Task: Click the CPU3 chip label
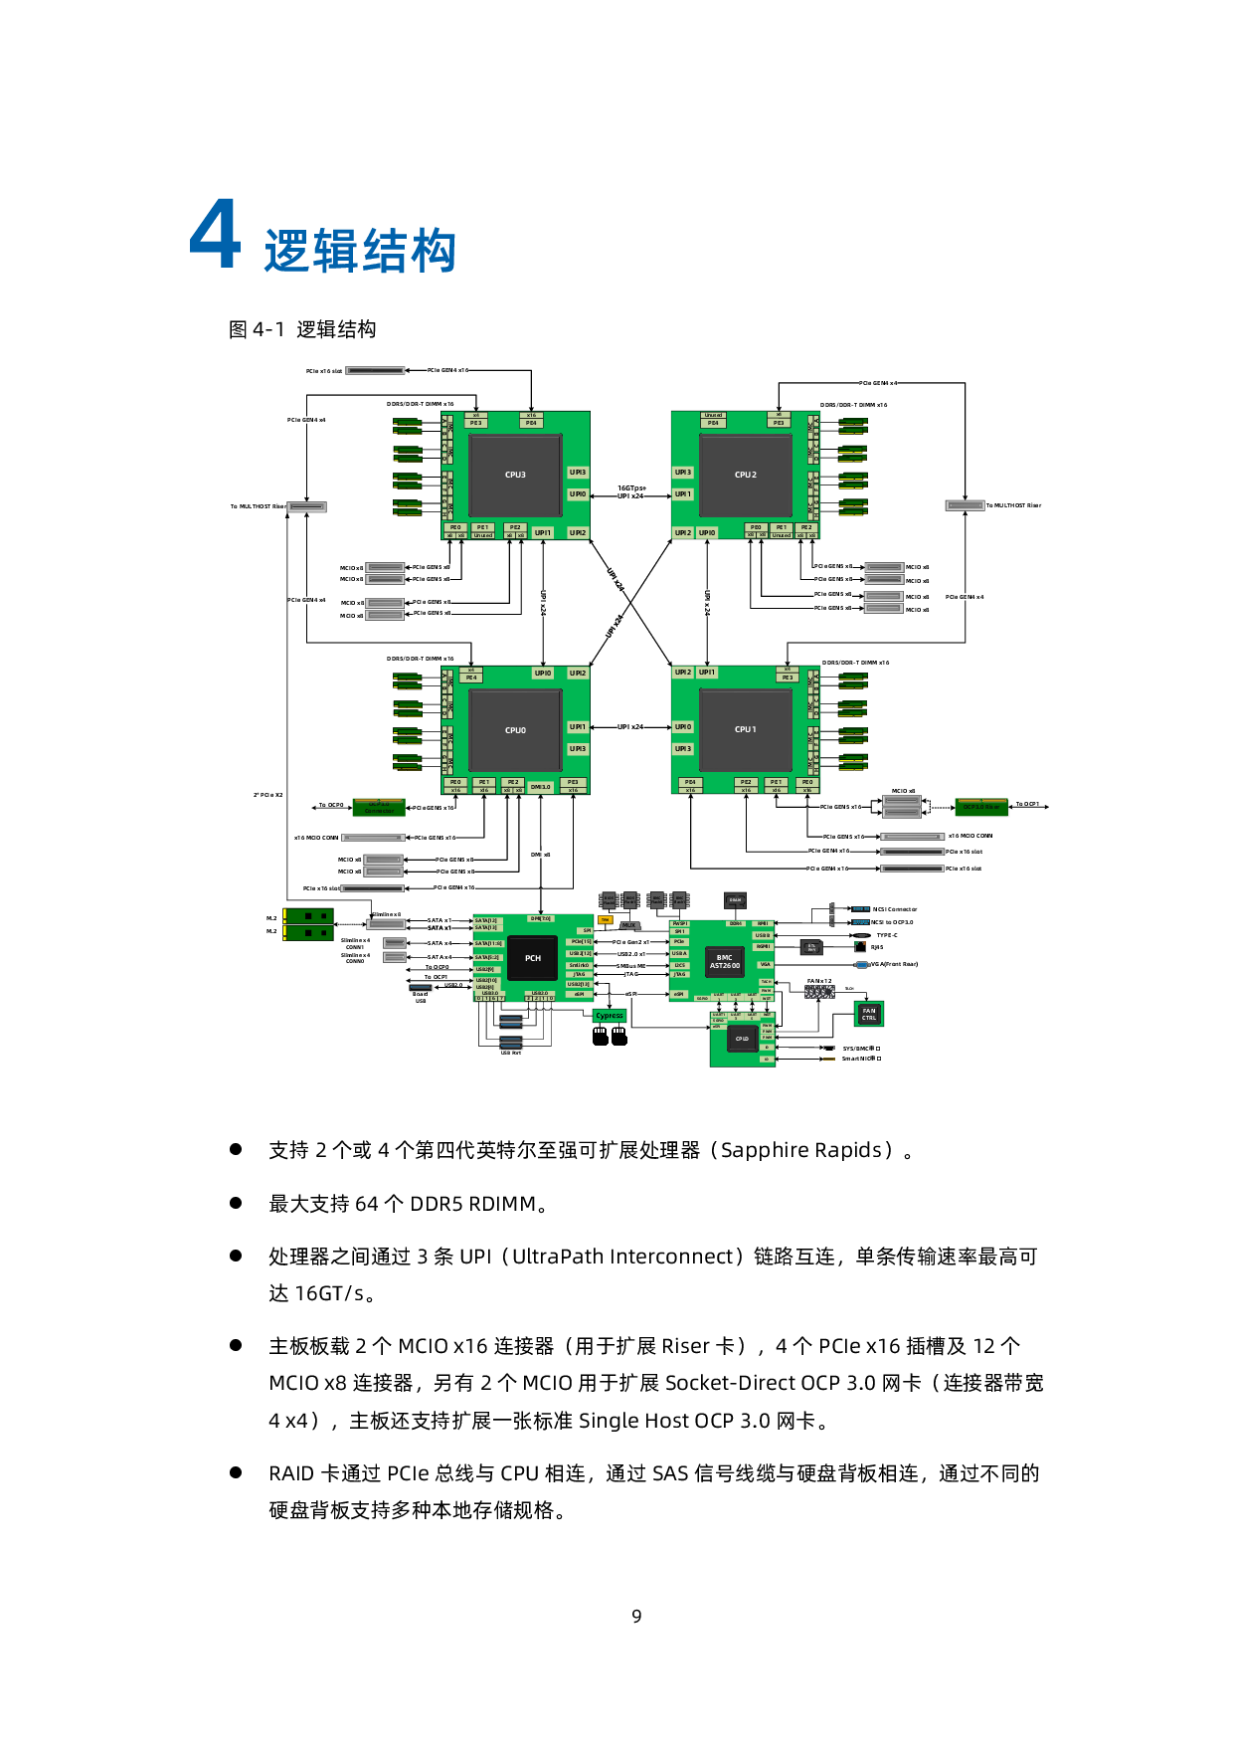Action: pyautogui.click(x=515, y=475)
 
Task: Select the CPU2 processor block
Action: pyautogui.click(x=746, y=475)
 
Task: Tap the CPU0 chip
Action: pyautogui.click(x=515, y=730)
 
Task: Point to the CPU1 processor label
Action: pyautogui.click(x=746, y=729)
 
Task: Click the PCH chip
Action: pyautogui.click(x=533, y=958)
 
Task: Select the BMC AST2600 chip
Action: pyautogui.click(x=724, y=961)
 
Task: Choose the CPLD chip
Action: pyautogui.click(x=742, y=1039)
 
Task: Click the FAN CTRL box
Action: pyautogui.click(x=869, y=1014)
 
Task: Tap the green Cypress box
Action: pyautogui.click(x=610, y=1016)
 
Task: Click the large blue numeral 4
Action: pyautogui.click(x=216, y=235)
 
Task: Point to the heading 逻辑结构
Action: pyautogui.click(x=360, y=251)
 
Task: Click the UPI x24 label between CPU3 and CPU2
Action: pyautogui.click(x=630, y=495)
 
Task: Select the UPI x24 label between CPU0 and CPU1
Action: pyautogui.click(x=630, y=727)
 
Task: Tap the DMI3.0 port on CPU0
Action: pyautogui.click(x=540, y=787)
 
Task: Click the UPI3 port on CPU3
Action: pyautogui.click(x=578, y=473)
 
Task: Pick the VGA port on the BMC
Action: pyautogui.click(x=764, y=964)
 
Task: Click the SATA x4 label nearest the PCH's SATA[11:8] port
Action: pyautogui.click(x=440, y=943)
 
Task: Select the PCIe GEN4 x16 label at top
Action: pyautogui.click(x=447, y=370)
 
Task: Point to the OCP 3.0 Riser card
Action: pyautogui.click(x=981, y=807)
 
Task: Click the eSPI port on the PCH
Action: pyautogui.click(x=579, y=994)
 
